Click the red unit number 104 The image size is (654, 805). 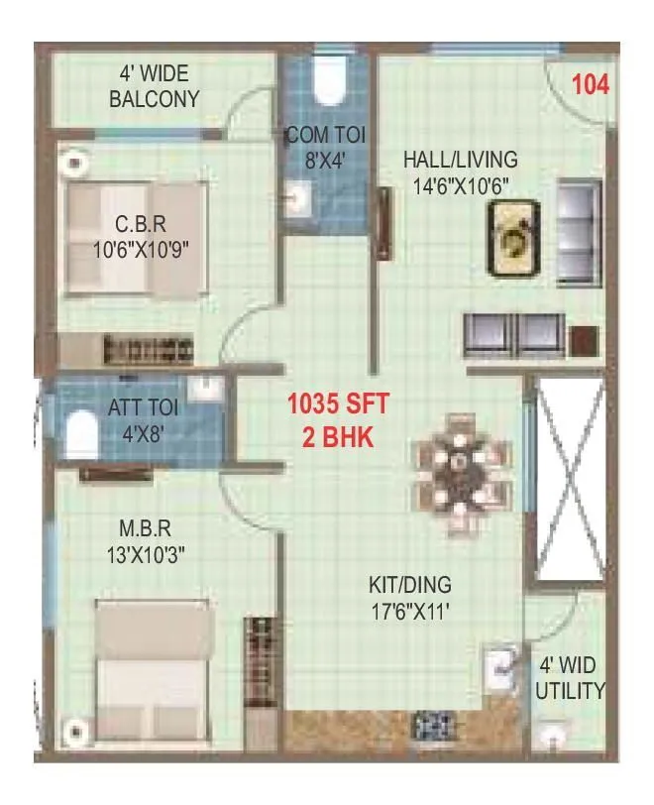(590, 83)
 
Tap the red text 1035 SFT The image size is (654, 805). (338, 404)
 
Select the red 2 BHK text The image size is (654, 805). (338, 436)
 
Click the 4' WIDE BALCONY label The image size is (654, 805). (154, 86)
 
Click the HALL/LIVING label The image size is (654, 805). (460, 159)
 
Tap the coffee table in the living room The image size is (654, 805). (512, 237)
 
